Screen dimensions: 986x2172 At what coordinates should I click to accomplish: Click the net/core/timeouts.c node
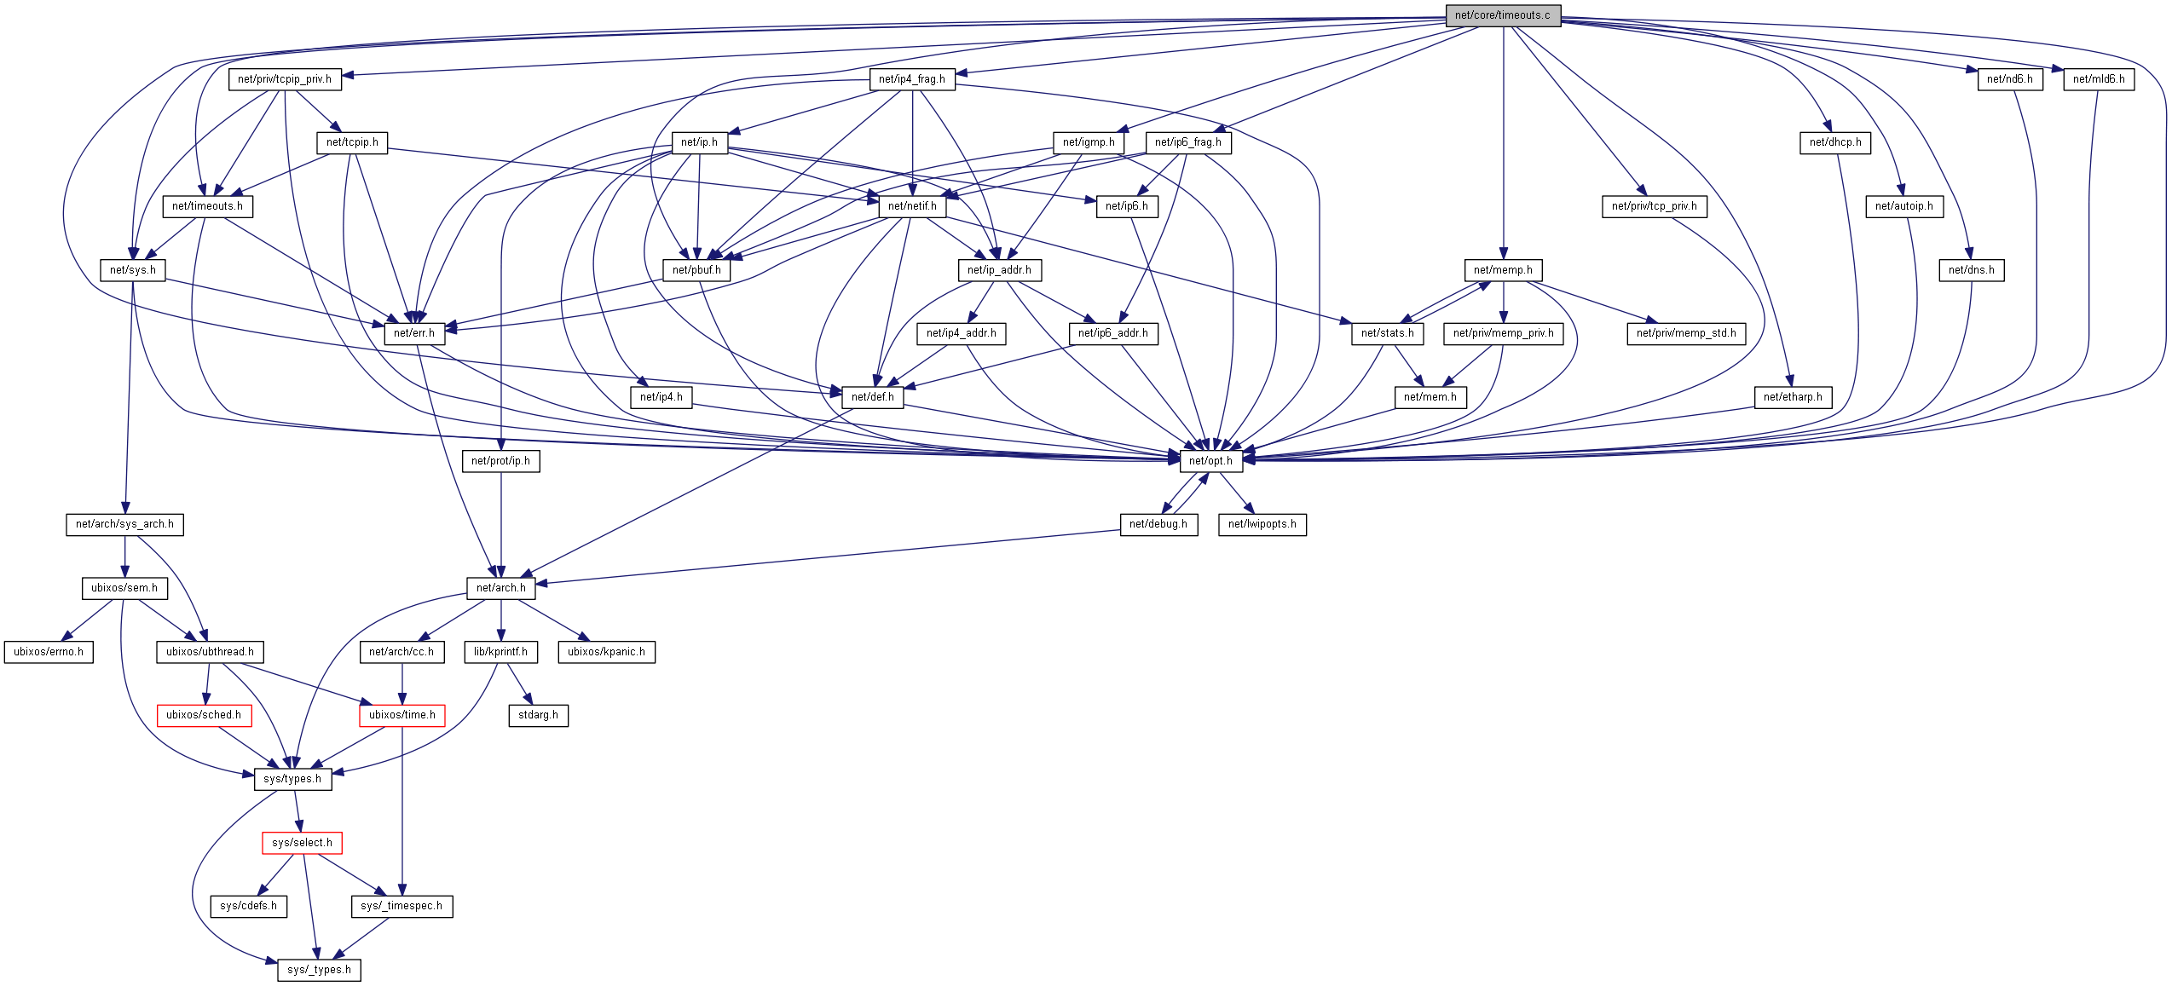click(1503, 15)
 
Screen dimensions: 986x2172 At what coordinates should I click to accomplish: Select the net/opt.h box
click(1210, 461)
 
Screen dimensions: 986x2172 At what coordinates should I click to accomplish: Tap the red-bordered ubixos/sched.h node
click(204, 715)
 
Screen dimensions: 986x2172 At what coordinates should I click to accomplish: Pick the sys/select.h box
click(302, 843)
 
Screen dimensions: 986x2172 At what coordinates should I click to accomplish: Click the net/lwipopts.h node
click(1262, 524)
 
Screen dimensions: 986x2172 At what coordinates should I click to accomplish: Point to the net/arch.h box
click(500, 588)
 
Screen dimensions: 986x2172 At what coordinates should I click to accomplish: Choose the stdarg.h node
click(538, 715)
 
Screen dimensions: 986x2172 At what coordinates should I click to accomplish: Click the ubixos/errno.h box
click(49, 652)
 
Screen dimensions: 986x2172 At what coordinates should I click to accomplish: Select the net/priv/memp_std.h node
click(1685, 333)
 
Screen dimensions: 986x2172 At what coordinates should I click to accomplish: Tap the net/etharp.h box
click(1793, 397)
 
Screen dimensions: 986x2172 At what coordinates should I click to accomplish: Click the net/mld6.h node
click(2099, 79)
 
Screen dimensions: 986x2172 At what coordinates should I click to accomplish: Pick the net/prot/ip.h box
click(500, 461)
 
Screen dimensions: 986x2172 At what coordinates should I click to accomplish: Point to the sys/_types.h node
click(319, 970)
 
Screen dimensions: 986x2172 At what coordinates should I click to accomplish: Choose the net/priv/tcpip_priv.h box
click(285, 79)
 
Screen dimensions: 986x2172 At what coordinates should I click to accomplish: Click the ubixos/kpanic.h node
click(606, 652)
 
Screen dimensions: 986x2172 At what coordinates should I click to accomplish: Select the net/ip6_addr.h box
click(1113, 333)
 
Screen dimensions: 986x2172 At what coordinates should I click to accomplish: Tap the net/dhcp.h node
click(1835, 142)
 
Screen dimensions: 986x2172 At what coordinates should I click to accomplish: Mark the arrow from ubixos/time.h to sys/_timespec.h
click(402, 810)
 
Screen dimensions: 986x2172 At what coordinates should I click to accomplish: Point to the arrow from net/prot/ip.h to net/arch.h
click(500, 524)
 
